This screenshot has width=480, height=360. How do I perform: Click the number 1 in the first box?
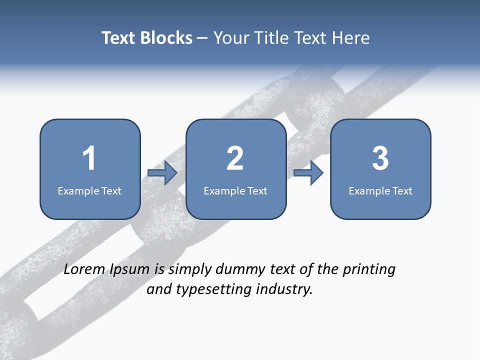pyautogui.click(x=89, y=158)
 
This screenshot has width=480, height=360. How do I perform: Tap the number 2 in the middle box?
pyautogui.click(x=235, y=158)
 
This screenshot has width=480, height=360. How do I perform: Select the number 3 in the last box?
pyautogui.click(x=380, y=158)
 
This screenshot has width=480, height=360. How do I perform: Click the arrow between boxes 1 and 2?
pyautogui.click(x=162, y=173)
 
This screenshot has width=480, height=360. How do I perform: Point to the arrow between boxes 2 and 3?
pyautogui.click(x=308, y=173)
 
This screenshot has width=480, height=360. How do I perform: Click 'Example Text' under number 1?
pyautogui.click(x=89, y=191)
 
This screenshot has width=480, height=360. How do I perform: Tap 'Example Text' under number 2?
pyautogui.click(x=235, y=191)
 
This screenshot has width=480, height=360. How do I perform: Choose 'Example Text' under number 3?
pyautogui.click(x=380, y=191)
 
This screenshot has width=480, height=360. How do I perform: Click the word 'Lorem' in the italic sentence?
pyautogui.click(x=84, y=269)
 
